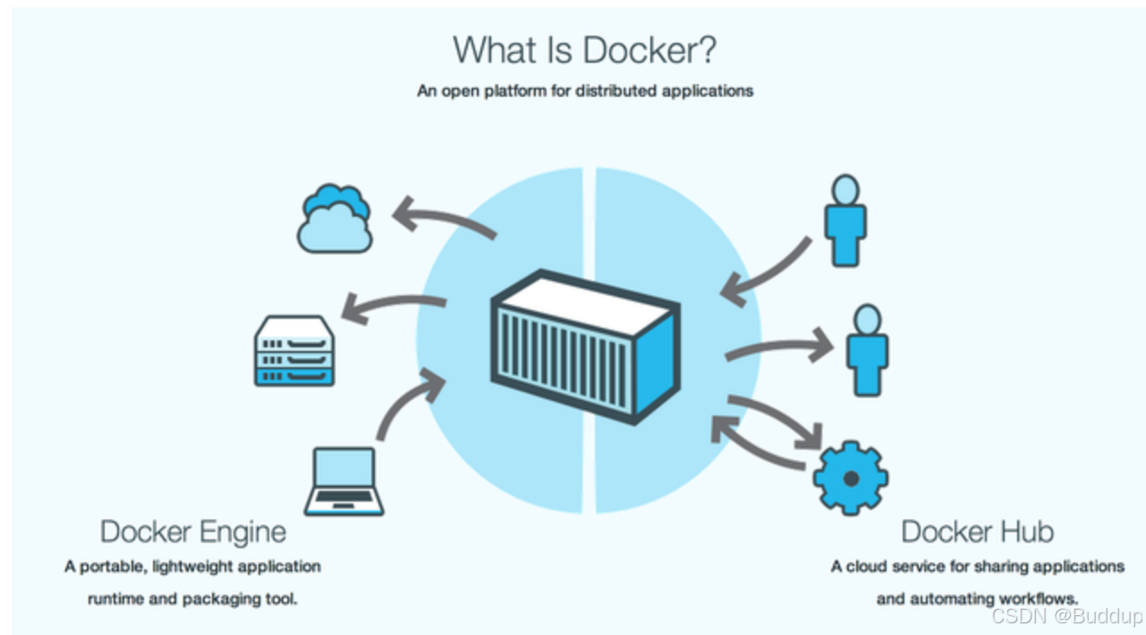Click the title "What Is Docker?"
tap(584, 50)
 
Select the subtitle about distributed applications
tap(584, 90)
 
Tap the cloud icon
tap(335, 219)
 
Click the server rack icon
tap(294, 351)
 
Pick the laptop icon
tap(344, 482)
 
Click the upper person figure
tap(845, 220)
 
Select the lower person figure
tap(866, 350)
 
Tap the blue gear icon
tap(850, 478)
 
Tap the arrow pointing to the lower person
tap(778, 347)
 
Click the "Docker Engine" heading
tap(193, 531)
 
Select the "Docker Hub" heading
tap(977, 531)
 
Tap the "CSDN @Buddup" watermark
tap(1066, 616)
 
